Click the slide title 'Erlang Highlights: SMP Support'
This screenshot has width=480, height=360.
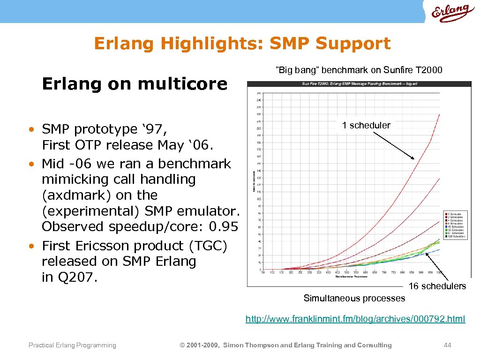point(242,44)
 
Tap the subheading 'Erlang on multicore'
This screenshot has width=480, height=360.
point(135,84)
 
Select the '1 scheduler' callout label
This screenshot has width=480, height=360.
point(366,125)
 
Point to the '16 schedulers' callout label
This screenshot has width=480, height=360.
point(437,286)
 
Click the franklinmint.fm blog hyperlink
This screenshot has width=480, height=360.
point(355,319)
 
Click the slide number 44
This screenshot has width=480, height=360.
point(447,345)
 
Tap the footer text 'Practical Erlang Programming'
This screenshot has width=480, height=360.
point(72,345)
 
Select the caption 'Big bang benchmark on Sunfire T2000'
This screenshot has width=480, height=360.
point(359,70)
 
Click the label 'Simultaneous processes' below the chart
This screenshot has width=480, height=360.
point(354,298)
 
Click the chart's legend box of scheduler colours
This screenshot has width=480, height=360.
point(455,225)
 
